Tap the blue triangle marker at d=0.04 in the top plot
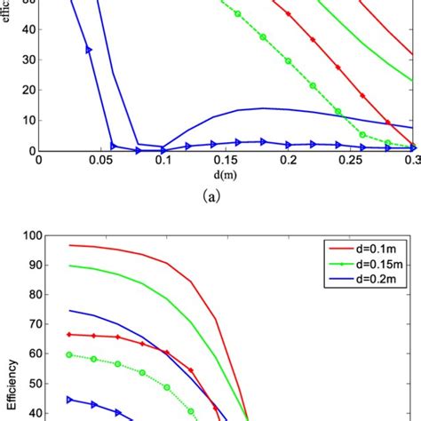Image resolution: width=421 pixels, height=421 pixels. (89, 50)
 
